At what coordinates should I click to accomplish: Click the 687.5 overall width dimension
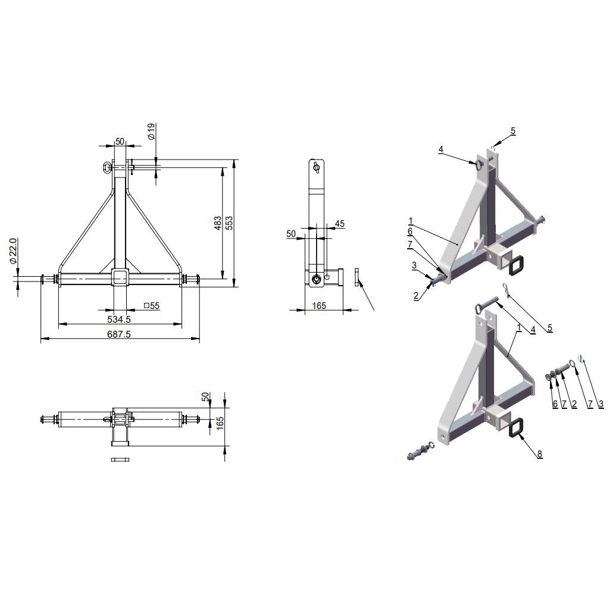119,334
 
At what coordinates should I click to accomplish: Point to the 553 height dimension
230,222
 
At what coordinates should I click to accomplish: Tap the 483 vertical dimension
218,223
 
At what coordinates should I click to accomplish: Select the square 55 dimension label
152,306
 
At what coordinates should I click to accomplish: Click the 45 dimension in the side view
340,224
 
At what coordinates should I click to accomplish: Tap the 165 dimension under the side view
319,305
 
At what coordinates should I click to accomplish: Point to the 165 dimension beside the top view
220,421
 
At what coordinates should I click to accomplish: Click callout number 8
539,454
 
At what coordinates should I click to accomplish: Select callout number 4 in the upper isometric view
440,149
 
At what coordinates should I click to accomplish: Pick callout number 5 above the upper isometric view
512,130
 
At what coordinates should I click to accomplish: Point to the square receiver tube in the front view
120,278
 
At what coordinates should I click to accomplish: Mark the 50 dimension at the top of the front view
120,142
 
